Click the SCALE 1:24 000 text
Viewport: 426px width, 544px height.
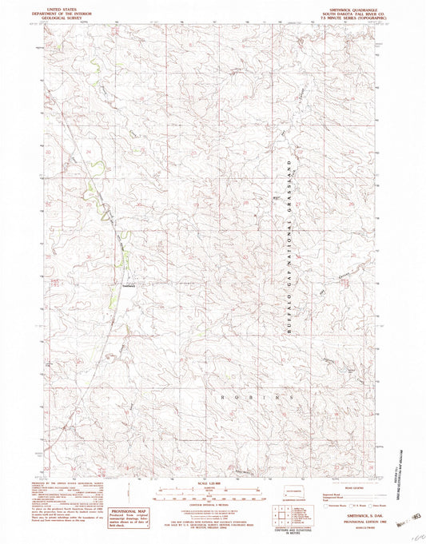212,482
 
